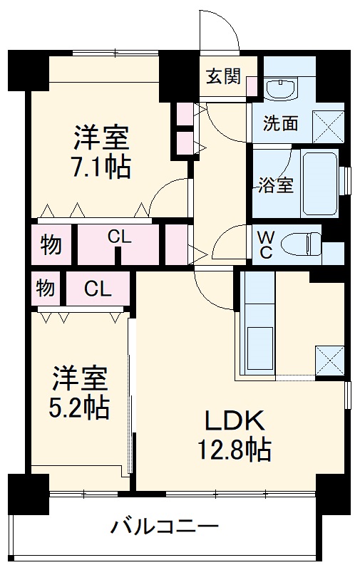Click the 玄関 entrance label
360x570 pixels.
(223, 76)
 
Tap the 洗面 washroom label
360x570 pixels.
(280, 123)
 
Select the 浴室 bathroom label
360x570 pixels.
(275, 185)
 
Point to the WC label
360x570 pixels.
(264, 244)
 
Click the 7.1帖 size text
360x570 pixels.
(100, 167)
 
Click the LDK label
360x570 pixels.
(235, 421)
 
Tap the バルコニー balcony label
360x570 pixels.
(164, 528)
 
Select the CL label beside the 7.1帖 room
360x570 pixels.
(119, 237)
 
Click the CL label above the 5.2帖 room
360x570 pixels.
(98, 289)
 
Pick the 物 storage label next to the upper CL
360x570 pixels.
(50, 245)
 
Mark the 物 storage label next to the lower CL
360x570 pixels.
(46, 289)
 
